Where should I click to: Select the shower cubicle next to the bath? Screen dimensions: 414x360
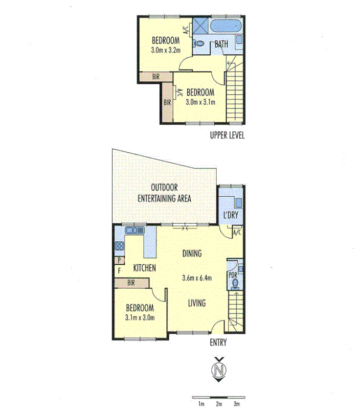pos(200,26)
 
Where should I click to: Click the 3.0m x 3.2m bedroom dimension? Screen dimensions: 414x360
pos(165,51)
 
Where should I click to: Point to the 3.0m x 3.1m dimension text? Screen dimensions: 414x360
pos(200,102)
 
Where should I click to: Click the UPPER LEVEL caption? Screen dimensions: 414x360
pos(227,135)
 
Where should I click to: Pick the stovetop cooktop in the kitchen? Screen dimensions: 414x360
pos(119,247)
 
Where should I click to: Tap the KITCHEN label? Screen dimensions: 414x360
pos(145,268)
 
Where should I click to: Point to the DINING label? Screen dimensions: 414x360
pos(192,253)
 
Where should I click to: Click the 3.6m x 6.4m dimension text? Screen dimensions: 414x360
pos(196,278)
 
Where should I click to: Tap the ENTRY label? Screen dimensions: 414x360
pos(218,343)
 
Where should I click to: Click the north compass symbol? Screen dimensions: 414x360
pos(218,369)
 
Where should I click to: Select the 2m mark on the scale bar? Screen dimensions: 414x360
pos(218,403)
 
